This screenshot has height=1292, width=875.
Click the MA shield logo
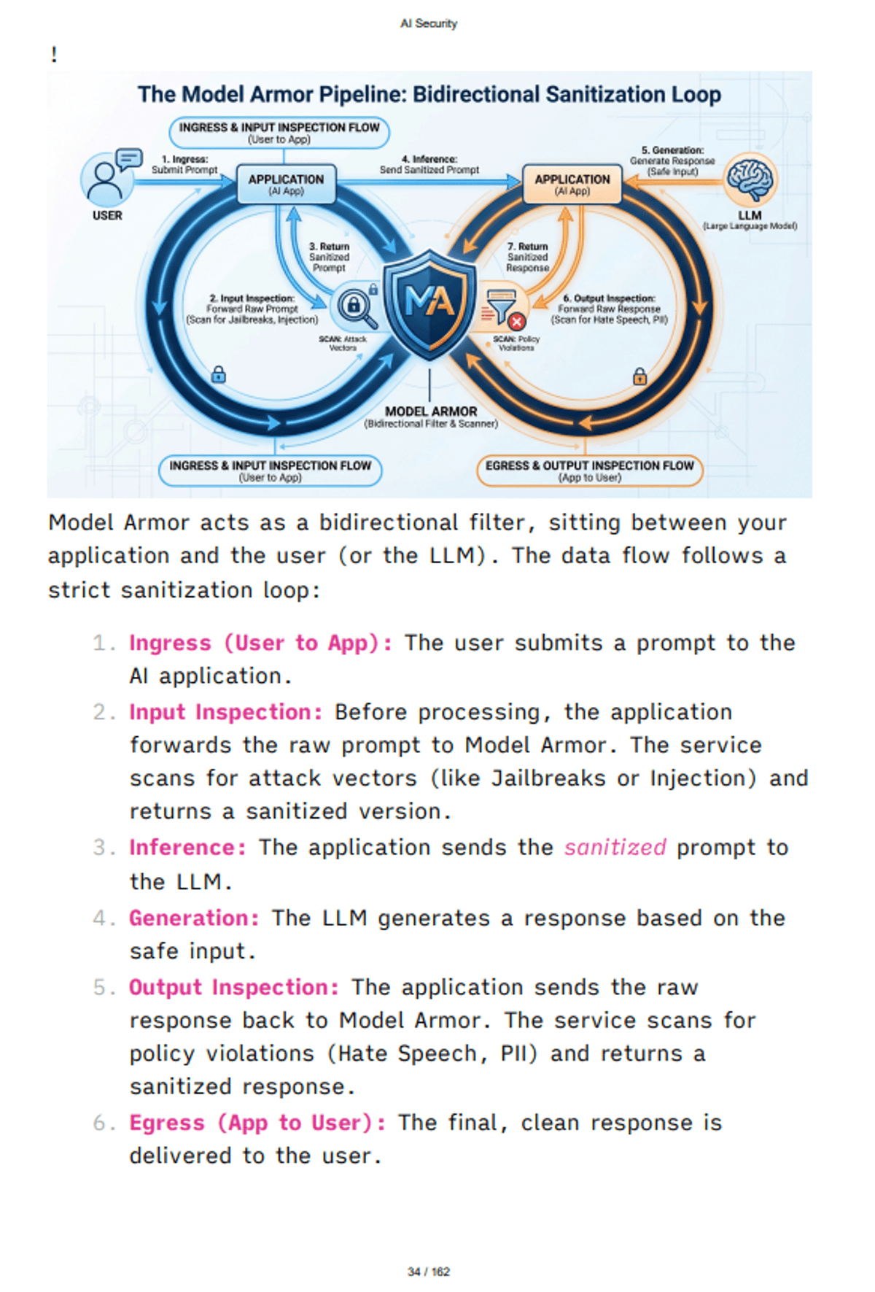point(429,303)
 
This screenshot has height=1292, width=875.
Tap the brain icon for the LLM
point(751,179)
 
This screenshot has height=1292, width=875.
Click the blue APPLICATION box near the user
point(286,184)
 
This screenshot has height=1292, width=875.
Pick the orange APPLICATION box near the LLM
point(572,184)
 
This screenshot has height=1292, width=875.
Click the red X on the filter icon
point(517,321)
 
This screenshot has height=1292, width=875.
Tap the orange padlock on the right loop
point(639,376)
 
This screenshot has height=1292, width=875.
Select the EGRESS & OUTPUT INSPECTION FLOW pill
point(589,471)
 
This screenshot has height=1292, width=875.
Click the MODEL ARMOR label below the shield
point(431,411)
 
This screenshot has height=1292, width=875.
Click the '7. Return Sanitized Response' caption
point(527,257)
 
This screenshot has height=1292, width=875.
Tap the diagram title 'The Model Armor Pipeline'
point(429,94)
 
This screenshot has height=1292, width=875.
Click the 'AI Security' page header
point(429,23)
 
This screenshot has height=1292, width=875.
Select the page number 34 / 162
point(429,1272)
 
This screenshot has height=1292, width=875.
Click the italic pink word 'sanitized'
point(615,847)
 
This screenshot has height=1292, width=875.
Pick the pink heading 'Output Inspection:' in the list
point(234,987)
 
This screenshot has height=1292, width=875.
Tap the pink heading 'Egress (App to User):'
point(257,1123)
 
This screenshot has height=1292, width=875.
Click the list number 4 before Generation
point(100,918)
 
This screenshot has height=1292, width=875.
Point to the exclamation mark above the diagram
point(54,55)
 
